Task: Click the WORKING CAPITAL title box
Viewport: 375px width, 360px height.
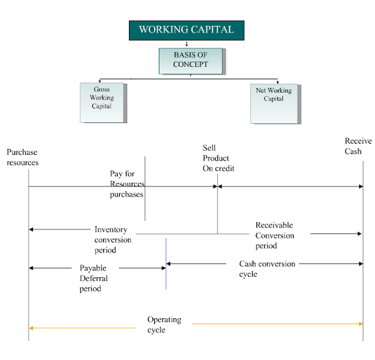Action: pyautogui.click(x=186, y=30)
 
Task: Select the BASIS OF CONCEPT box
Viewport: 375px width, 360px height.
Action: pyautogui.click(x=190, y=60)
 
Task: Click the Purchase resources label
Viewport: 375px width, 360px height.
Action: pyautogui.click(x=22, y=157)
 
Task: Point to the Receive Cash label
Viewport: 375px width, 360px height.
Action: pyautogui.click(x=357, y=147)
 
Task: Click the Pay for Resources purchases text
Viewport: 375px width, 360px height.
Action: pyautogui.click(x=127, y=184)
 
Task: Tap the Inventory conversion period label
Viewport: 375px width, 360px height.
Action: pyautogui.click(x=114, y=240)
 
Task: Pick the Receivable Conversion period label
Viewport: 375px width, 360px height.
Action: pyautogui.click(x=275, y=235)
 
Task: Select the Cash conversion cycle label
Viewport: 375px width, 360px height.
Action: pyautogui.click(x=267, y=269)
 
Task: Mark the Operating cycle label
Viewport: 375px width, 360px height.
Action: pyautogui.click(x=164, y=325)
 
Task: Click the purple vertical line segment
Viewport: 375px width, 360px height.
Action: pyautogui.click(x=166, y=264)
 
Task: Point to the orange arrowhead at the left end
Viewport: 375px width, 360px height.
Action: pyautogui.click(x=31, y=328)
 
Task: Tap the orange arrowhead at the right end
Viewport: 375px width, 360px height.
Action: pyautogui.click(x=360, y=324)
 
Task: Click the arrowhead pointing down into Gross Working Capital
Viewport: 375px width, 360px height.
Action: pyautogui.click(x=100, y=81)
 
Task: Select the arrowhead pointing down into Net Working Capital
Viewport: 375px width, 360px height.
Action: pyautogui.click(x=277, y=82)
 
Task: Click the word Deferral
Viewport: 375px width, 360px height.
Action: pyautogui.click(x=94, y=278)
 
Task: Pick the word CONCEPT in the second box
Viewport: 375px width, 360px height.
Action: pyautogui.click(x=190, y=64)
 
